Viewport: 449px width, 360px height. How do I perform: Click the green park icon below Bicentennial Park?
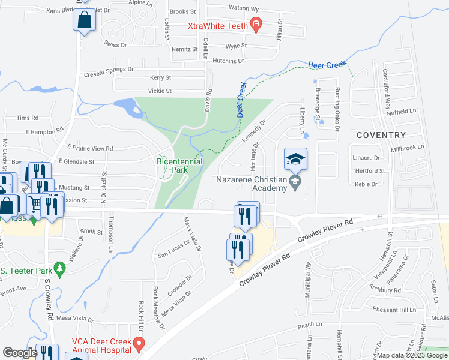click(x=168, y=172)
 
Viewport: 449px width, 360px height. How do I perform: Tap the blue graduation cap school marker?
click(x=295, y=159)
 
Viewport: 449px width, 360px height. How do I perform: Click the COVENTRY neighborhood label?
click(x=381, y=136)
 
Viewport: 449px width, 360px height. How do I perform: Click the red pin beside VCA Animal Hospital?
click(x=139, y=346)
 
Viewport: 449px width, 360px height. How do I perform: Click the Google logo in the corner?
click(x=19, y=353)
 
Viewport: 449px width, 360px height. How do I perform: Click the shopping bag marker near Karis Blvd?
click(x=85, y=19)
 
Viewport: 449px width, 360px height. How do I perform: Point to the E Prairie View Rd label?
click(x=90, y=148)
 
